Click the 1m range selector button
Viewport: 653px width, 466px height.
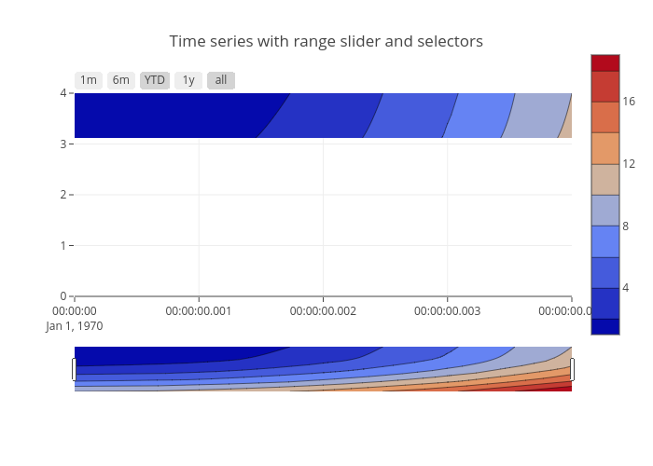point(89,80)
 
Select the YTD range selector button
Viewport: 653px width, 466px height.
point(155,80)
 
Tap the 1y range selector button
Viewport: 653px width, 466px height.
point(188,80)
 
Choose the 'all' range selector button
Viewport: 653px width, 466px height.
point(221,80)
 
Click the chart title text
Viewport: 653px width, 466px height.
point(326,42)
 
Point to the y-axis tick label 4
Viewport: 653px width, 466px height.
point(63,93)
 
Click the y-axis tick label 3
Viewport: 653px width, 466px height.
point(63,144)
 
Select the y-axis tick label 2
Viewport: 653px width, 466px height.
point(63,195)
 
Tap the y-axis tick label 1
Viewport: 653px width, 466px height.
point(63,245)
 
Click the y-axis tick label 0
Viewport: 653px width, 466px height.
point(63,296)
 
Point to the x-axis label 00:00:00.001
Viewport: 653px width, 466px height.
point(198,311)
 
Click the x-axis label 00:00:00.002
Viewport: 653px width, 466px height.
point(323,311)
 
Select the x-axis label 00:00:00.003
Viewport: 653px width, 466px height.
point(447,311)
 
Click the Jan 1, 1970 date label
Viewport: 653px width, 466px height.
point(75,326)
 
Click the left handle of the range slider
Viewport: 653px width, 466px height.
point(74,369)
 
